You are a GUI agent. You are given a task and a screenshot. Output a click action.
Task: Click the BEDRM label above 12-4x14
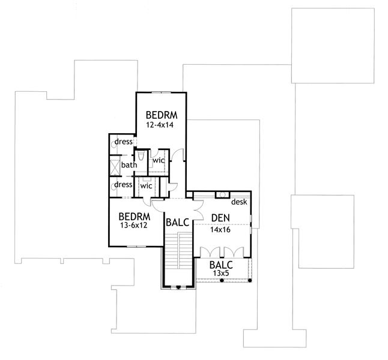point(161,115)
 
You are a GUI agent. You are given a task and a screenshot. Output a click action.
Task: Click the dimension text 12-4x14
point(161,125)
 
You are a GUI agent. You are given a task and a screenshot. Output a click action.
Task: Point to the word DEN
point(218,218)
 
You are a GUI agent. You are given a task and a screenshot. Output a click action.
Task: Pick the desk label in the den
point(240,202)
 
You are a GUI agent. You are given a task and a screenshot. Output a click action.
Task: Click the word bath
point(129,165)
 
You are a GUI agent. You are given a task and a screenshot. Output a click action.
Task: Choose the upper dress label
point(124,142)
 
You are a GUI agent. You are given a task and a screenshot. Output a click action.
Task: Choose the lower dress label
point(123,185)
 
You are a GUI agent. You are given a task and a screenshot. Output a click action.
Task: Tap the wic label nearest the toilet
point(159,161)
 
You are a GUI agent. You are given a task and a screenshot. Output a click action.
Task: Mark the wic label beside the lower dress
point(146,186)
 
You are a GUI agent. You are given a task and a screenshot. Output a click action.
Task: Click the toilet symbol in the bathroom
point(140,157)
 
